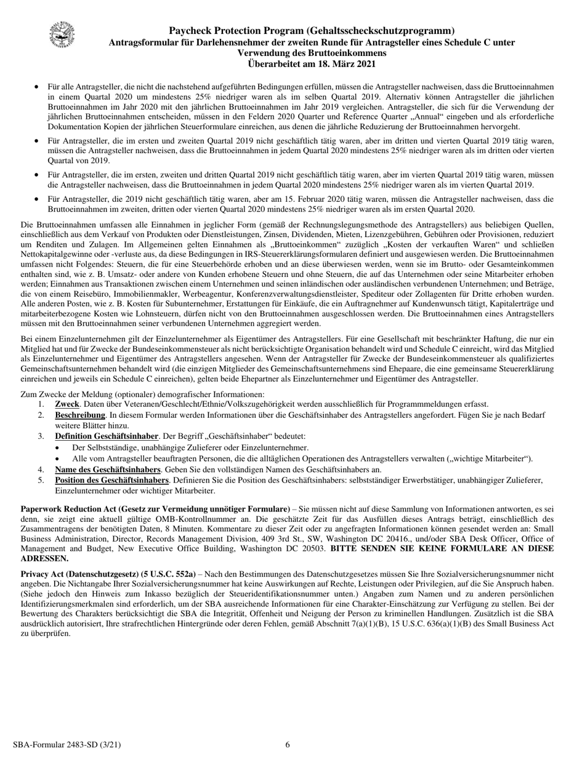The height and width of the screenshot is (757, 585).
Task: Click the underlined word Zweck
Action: click(67, 404)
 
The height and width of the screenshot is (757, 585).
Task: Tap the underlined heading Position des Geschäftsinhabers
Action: click(111, 480)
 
